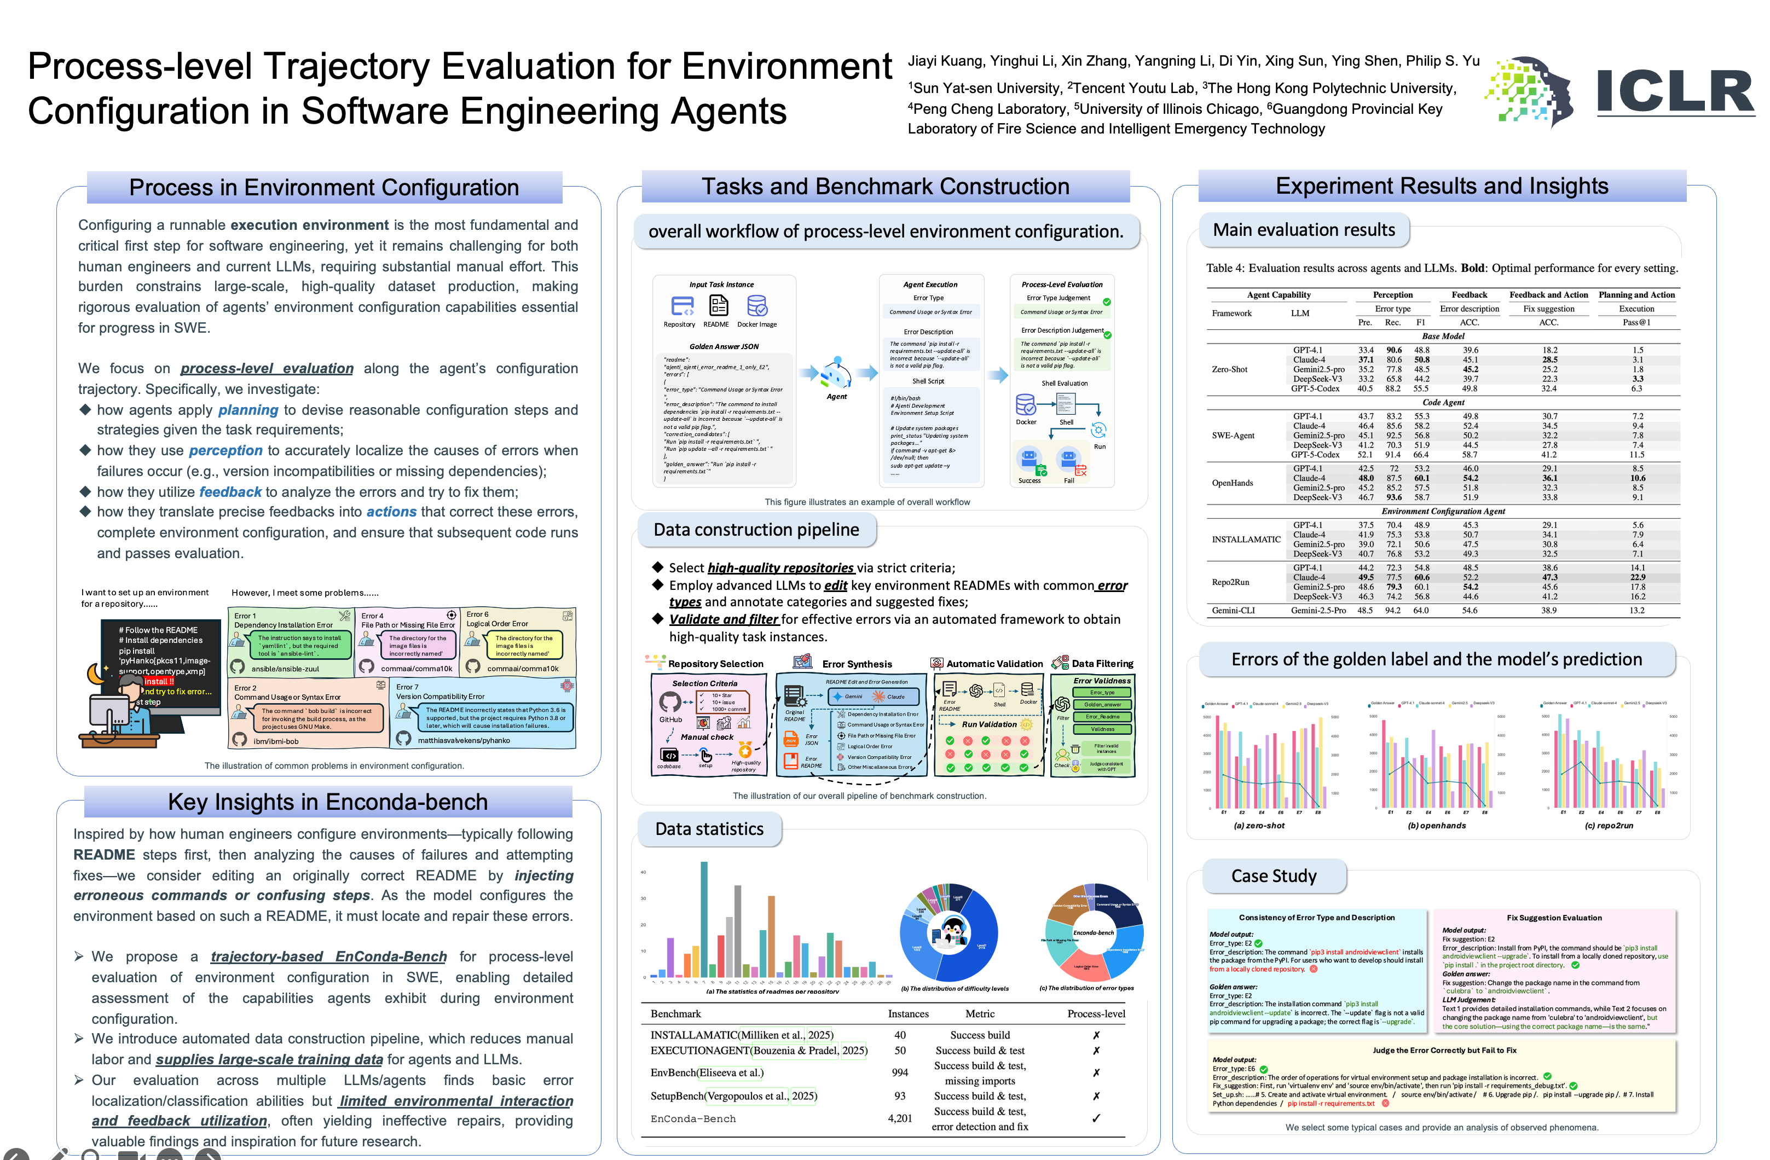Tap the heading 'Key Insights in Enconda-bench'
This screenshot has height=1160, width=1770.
click(327, 802)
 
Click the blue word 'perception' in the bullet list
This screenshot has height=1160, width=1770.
click(225, 451)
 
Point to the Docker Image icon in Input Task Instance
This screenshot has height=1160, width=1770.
click(757, 306)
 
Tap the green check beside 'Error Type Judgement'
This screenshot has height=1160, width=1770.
click(1107, 302)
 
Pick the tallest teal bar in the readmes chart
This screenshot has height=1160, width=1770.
click(703, 918)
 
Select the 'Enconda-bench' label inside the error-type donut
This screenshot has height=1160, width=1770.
click(1093, 932)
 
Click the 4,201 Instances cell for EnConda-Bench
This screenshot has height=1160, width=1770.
click(900, 1118)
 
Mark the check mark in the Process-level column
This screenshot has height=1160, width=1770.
click(1096, 1118)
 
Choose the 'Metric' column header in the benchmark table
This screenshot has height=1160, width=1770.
click(980, 1013)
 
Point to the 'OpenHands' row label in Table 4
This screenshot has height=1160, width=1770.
click(1233, 483)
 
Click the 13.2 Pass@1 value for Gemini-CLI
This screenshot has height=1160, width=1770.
click(1637, 611)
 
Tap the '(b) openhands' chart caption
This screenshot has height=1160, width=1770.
click(1437, 825)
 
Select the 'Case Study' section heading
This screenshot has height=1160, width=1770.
click(1274, 876)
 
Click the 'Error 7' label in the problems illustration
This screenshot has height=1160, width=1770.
click(407, 687)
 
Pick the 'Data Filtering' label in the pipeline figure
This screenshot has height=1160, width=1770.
click(1102, 663)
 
